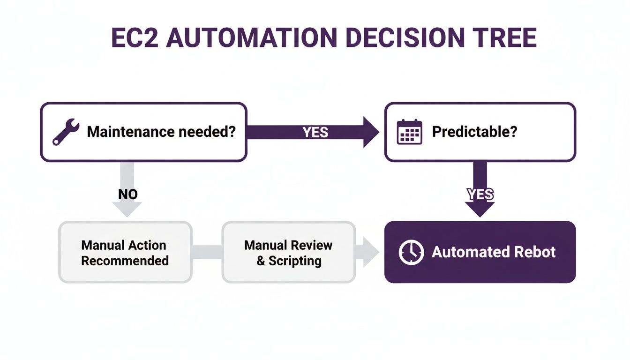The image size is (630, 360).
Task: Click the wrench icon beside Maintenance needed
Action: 66,132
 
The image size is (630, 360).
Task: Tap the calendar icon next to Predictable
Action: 409,132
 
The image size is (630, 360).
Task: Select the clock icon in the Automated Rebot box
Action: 411,252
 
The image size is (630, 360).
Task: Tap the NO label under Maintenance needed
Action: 127,194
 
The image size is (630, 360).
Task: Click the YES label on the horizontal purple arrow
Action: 315,132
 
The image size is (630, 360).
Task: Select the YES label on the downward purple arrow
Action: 480,194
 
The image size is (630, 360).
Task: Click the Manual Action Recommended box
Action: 125,253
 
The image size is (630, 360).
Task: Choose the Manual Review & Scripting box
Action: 288,253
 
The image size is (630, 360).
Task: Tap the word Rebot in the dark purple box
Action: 534,252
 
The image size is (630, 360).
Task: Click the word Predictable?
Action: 474,132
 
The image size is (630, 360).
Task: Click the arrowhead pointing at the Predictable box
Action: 371,132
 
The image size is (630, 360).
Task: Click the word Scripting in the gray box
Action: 295,261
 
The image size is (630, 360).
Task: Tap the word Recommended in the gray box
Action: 125,261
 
